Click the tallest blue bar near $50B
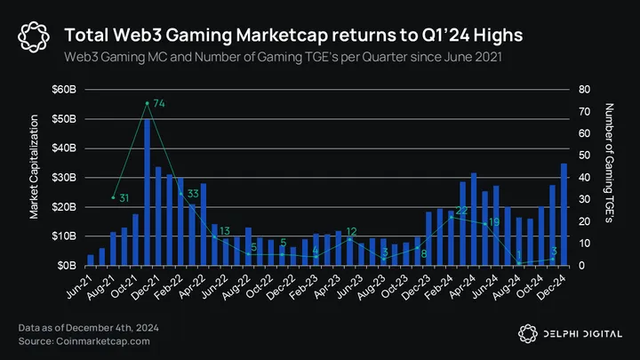coord(147,192)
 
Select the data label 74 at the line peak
coord(159,104)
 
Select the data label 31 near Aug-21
coord(124,197)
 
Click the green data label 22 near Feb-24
coord(461,211)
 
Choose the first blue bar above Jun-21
coord(91,260)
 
